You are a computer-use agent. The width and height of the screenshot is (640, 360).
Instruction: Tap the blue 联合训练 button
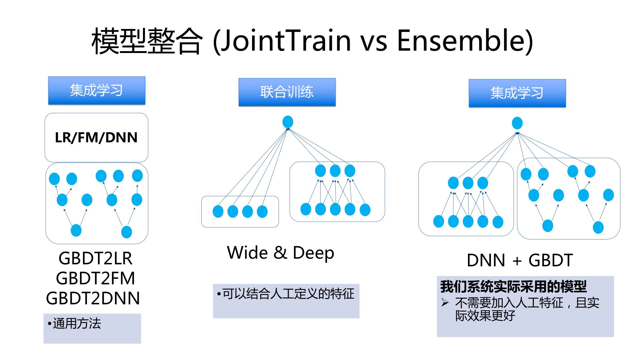click(x=287, y=92)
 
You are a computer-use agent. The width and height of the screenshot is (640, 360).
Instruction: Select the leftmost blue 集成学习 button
click(x=97, y=91)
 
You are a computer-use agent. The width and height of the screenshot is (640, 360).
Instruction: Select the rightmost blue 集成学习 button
click(x=517, y=93)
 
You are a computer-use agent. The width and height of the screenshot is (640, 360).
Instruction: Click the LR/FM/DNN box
click(x=96, y=137)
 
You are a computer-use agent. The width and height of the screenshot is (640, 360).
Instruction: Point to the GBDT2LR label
click(x=95, y=258)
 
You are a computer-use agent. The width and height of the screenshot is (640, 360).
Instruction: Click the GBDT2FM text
click(x=95, y=278)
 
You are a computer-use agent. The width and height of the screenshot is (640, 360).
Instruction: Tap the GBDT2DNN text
click(x=93, y=298)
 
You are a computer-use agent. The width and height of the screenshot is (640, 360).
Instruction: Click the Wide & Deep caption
click(x=280, y=253)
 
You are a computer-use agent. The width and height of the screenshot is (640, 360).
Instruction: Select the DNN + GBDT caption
click(x=520, y=260)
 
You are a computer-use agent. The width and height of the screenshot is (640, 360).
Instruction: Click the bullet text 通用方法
click(x=77, y=323)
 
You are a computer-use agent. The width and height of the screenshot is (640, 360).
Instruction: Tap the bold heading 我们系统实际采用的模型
click(x=513, y=286)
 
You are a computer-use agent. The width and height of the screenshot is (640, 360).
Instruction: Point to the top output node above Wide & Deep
click(x=288, y=122)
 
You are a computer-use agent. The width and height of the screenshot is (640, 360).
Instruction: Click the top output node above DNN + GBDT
click(x=517, y=123)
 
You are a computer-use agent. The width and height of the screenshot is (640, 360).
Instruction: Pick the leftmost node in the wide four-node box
click(x=218, y=211)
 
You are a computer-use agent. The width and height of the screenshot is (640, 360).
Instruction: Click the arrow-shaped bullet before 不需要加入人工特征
click(x=445, y=303)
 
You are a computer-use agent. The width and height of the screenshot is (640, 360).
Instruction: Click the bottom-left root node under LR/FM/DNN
click(x=76, y=230)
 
